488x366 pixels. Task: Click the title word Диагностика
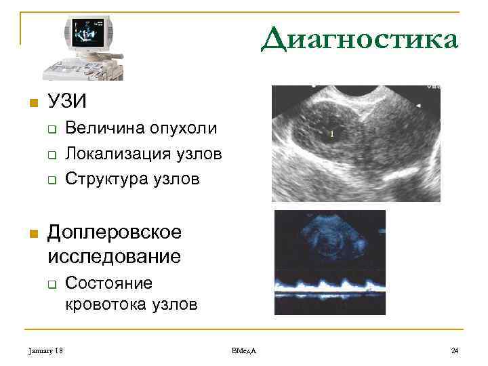360,40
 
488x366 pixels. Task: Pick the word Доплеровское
115,232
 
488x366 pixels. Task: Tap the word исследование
115,256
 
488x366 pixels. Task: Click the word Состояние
108,282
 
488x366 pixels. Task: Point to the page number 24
455,350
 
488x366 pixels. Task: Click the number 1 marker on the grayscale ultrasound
331,134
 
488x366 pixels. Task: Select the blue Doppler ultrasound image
329,262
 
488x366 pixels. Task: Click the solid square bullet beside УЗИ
30,103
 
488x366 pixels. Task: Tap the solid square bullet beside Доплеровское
30,234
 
